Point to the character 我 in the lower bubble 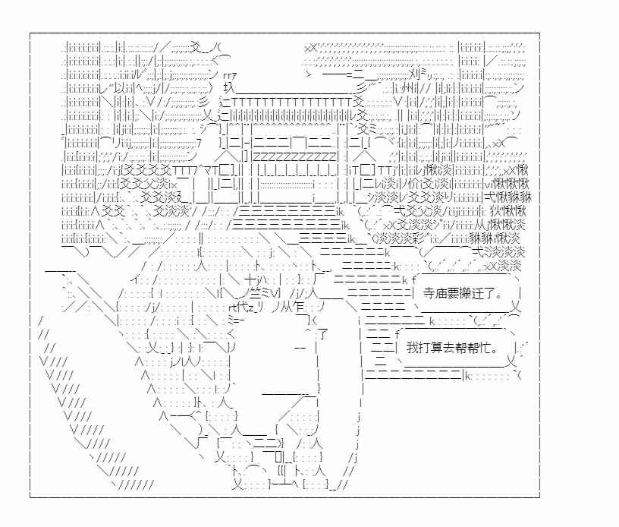[x=412, y=348]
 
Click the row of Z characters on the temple [x=295, y=156]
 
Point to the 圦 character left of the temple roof [x=228, y=87]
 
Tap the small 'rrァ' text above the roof [x=230, y=75]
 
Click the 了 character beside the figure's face [x=322, y=335]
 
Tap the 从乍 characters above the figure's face [x=293, y=307]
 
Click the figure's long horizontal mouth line [x=289, y=394]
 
